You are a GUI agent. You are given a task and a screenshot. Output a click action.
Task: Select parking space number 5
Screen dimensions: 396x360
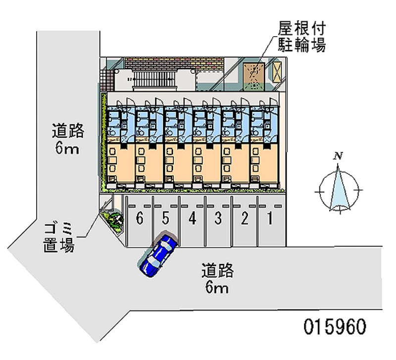[166, 218]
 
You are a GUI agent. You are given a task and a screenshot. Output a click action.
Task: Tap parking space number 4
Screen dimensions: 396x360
[192, 218]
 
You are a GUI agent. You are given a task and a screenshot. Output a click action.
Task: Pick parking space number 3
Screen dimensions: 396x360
[218, 218]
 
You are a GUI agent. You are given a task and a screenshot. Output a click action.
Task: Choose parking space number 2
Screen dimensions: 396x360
[244, 218]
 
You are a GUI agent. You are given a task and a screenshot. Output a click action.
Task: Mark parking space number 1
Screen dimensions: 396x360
[270, 218]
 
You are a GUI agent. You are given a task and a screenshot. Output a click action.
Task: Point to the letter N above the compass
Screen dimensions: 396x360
[339, 156]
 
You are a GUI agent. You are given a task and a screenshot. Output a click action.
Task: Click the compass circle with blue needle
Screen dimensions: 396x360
[340, 190]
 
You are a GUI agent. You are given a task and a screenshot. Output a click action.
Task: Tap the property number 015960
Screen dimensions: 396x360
[335, 327]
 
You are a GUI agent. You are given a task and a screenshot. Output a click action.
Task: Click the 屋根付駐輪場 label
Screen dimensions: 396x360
[301, 37]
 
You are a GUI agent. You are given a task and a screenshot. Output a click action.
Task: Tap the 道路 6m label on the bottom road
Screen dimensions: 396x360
[217, 278]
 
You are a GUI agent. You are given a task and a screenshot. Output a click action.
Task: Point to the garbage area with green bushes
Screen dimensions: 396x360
[113, 218]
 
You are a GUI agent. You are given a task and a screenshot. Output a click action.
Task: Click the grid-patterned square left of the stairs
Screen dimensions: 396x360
[107, 78]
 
